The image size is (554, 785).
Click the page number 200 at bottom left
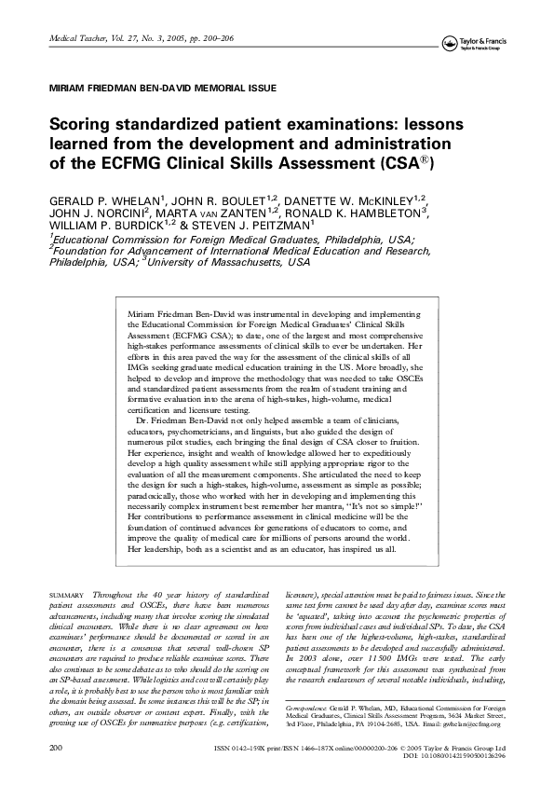pyautogui.click(x=30, y=748)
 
